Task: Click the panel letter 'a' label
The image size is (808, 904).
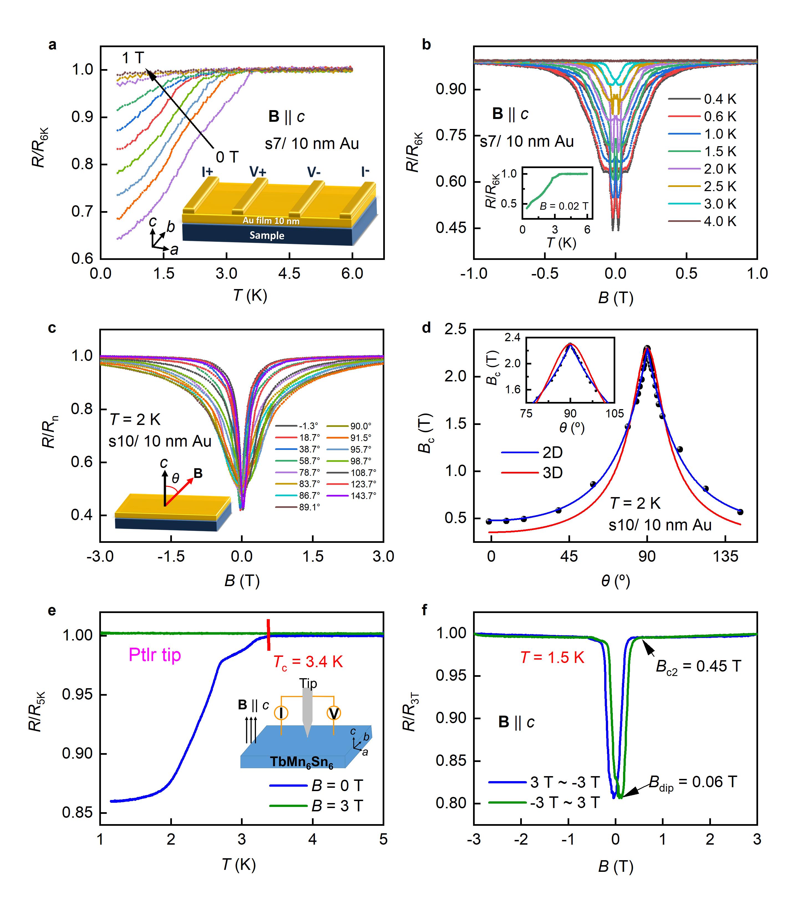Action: [52, 45]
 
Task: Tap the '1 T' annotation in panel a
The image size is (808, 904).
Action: [133, 58]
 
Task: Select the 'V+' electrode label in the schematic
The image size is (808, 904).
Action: [258, 171]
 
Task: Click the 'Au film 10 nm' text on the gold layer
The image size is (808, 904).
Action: [271, 221]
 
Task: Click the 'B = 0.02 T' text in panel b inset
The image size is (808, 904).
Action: [564, 206]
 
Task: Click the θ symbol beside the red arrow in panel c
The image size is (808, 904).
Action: [176, 478]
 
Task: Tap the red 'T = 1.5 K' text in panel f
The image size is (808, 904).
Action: [552, 658]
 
